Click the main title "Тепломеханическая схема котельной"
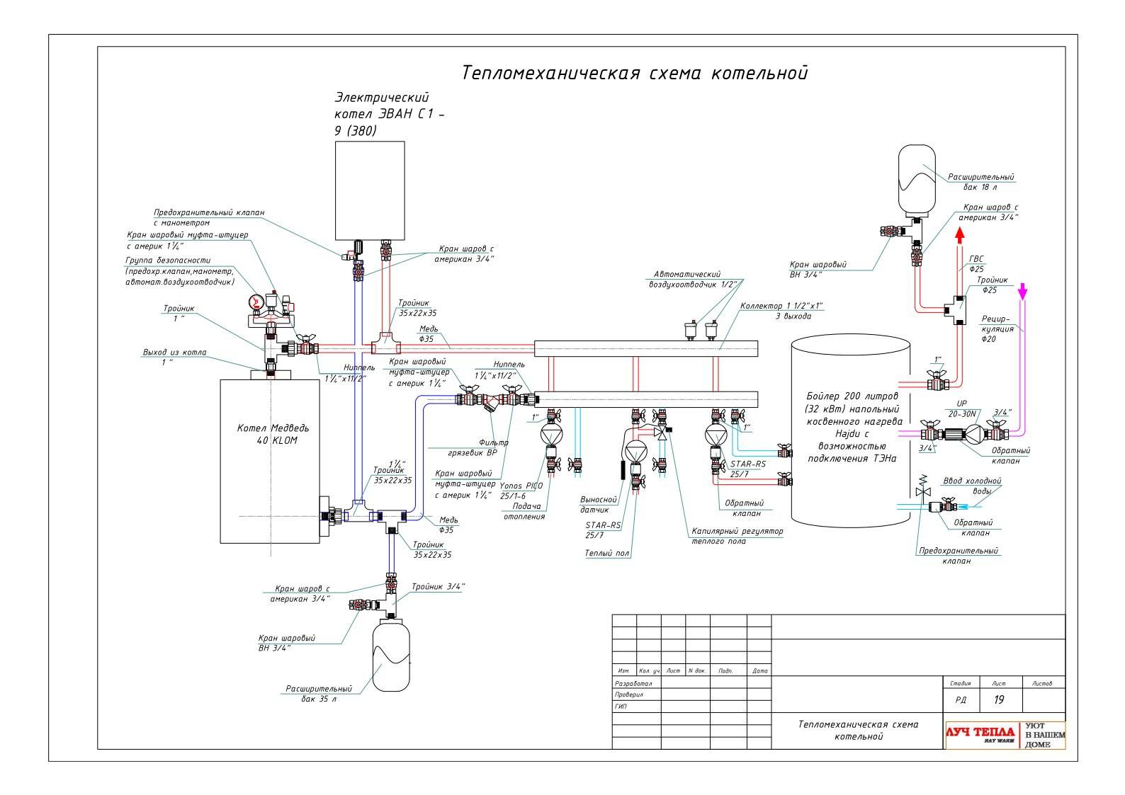click(634, 73)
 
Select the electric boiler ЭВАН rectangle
click(370, 190)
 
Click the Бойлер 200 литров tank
click(850, 433)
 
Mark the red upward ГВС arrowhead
click(960, 235)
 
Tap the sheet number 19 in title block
click(999, 700)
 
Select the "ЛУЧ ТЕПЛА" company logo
click(980, 734)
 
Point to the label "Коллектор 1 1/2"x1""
click(781, 311)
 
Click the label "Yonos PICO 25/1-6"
click(523, 491)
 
